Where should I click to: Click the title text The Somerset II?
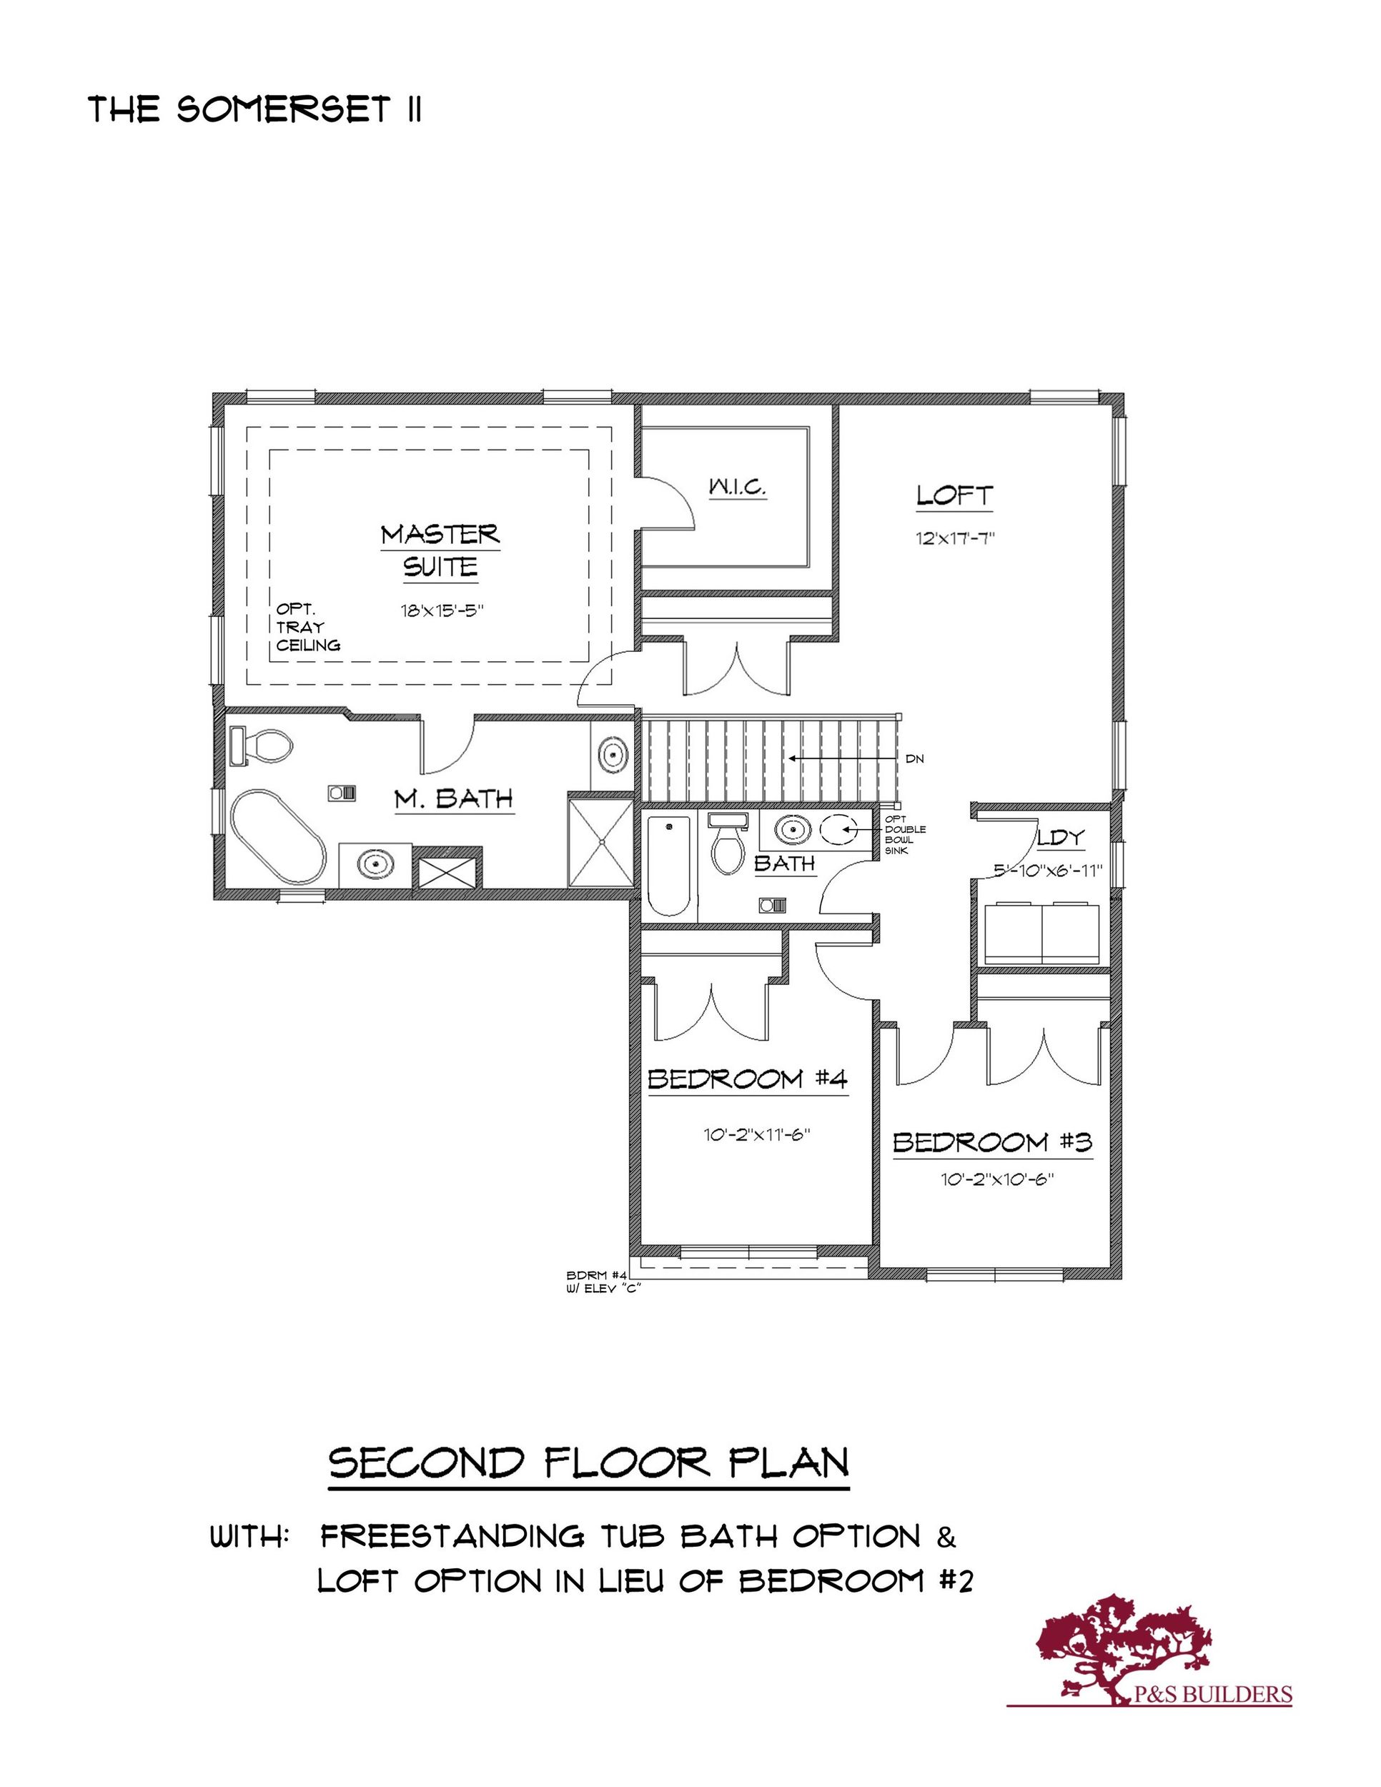(255, 109)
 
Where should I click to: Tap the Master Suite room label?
(440, 550)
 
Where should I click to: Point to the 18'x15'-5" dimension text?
(442, 610)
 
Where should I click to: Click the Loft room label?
(954, 495)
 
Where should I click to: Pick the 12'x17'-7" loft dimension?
(955, 538)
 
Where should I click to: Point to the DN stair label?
(915, 759)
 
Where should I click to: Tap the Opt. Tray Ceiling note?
(307, 627)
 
